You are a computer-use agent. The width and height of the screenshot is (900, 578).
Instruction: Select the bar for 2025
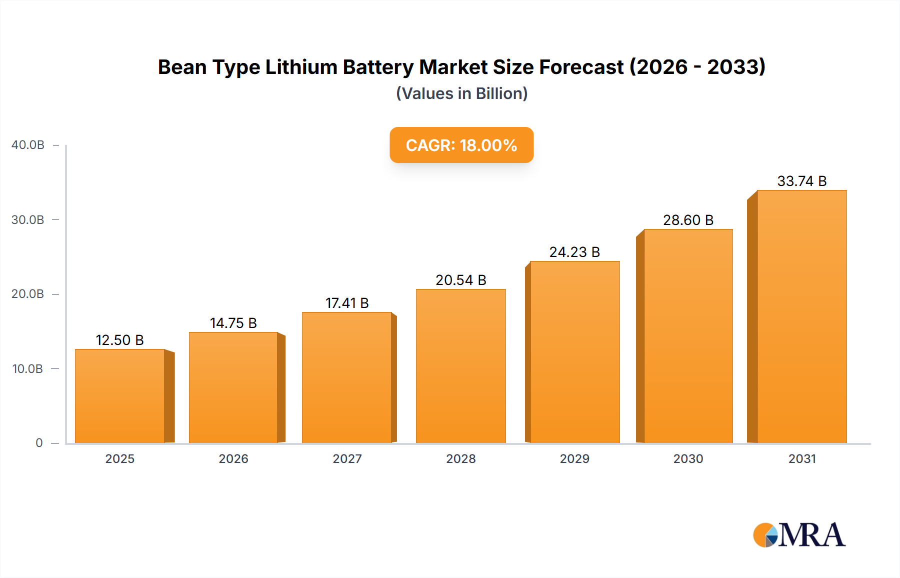point(120,396)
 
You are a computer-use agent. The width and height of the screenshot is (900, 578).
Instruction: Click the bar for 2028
point(461,366)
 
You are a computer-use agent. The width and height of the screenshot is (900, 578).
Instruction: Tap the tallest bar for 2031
point(802,316)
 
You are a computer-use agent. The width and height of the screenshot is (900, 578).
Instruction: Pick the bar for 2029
point(575,352)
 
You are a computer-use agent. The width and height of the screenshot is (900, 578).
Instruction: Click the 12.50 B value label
point(120,340)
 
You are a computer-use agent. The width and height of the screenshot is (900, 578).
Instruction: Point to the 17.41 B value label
point(347,303)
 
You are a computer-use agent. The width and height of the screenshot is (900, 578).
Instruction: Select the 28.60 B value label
point(688,220)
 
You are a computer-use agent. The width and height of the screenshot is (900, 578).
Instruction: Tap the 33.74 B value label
point(802,181)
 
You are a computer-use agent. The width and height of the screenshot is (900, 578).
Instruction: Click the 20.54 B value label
point(461,280)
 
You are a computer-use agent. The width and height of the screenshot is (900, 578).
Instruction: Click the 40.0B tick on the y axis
point(28,145)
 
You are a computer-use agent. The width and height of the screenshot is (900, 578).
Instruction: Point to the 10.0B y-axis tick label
point(28,369)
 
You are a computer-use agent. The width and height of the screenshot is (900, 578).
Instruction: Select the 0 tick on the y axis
point(39,443)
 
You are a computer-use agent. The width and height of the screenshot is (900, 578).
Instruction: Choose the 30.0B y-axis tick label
point(28,220)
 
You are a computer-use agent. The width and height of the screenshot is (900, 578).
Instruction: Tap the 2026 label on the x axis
point(233,458)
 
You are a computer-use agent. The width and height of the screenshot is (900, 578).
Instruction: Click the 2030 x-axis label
point(688,458)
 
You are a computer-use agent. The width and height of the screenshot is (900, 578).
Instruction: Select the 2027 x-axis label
point(347,458)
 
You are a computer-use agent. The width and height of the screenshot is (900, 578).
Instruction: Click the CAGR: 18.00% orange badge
point(461,145)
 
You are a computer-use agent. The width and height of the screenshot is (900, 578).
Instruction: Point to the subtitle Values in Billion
point(461,93)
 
